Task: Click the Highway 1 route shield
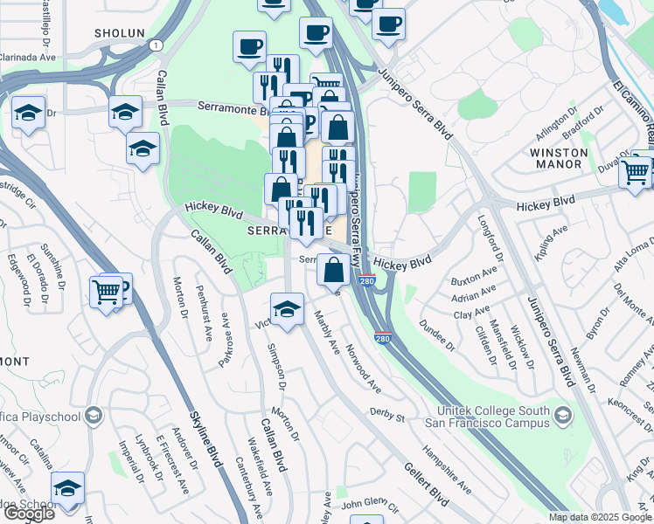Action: click(155, 45)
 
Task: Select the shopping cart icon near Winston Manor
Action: click(636, 172)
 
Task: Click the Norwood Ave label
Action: click(363, 369)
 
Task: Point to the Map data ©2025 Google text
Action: click(600, 517)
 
